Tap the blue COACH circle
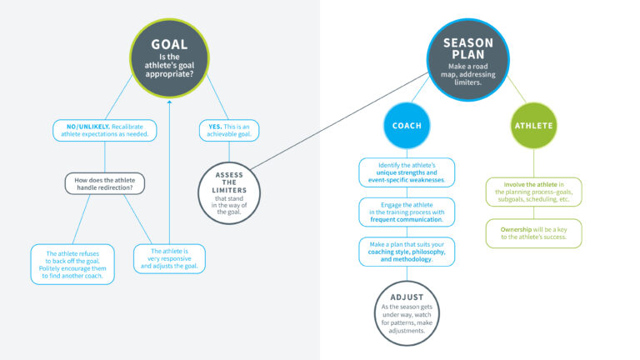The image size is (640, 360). pos(407,126)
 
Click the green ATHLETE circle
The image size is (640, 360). pos(533,126)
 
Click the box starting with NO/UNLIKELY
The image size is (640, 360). pos(104,130)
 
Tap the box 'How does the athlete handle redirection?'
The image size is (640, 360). pos(104,182)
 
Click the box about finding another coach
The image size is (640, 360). pos(72,263)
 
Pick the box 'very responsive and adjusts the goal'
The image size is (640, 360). pos(169,258)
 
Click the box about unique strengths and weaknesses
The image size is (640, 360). pos(407,172)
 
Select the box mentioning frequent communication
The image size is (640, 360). pos(407,212)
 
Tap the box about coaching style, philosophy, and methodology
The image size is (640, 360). pos(407,251)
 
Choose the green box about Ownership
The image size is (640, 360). pos(533,232)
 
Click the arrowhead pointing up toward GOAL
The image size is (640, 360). pos(169,104)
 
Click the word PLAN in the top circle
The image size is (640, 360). pos(467,57)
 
